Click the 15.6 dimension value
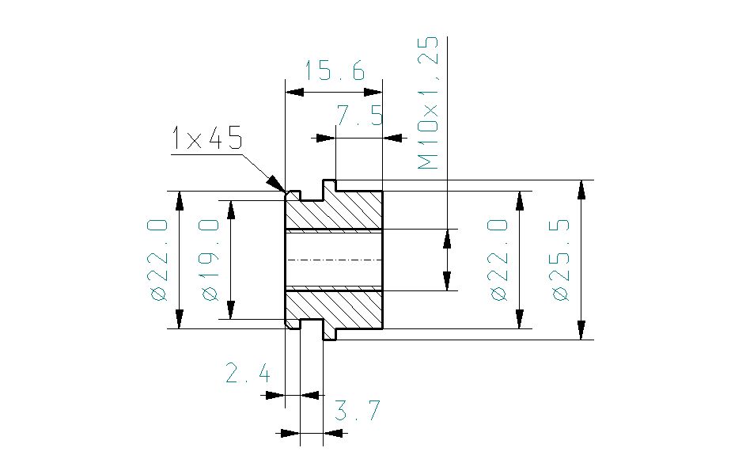(x=335, y=72)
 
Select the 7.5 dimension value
(x=359, y=117)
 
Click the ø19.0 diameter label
(x=210, y=260)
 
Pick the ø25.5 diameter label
(x=561, y=260)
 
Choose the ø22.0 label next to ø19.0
(x=158, y=260)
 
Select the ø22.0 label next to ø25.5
(x=498, y=260)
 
